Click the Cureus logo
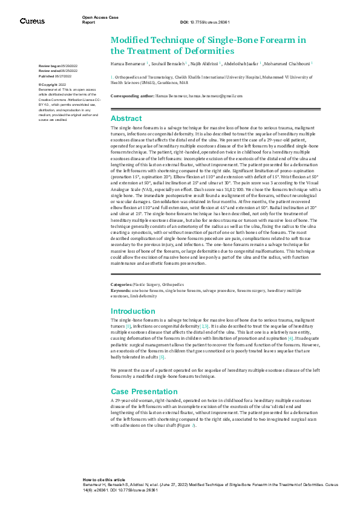(x=32, y=21)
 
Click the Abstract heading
(x=126, y=118)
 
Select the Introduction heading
(x=133, y=311)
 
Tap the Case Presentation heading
(x=145, y=392)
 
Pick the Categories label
(x=122, y=284)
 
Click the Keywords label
(x=122, y=291)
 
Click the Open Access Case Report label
(x=100, y=20)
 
